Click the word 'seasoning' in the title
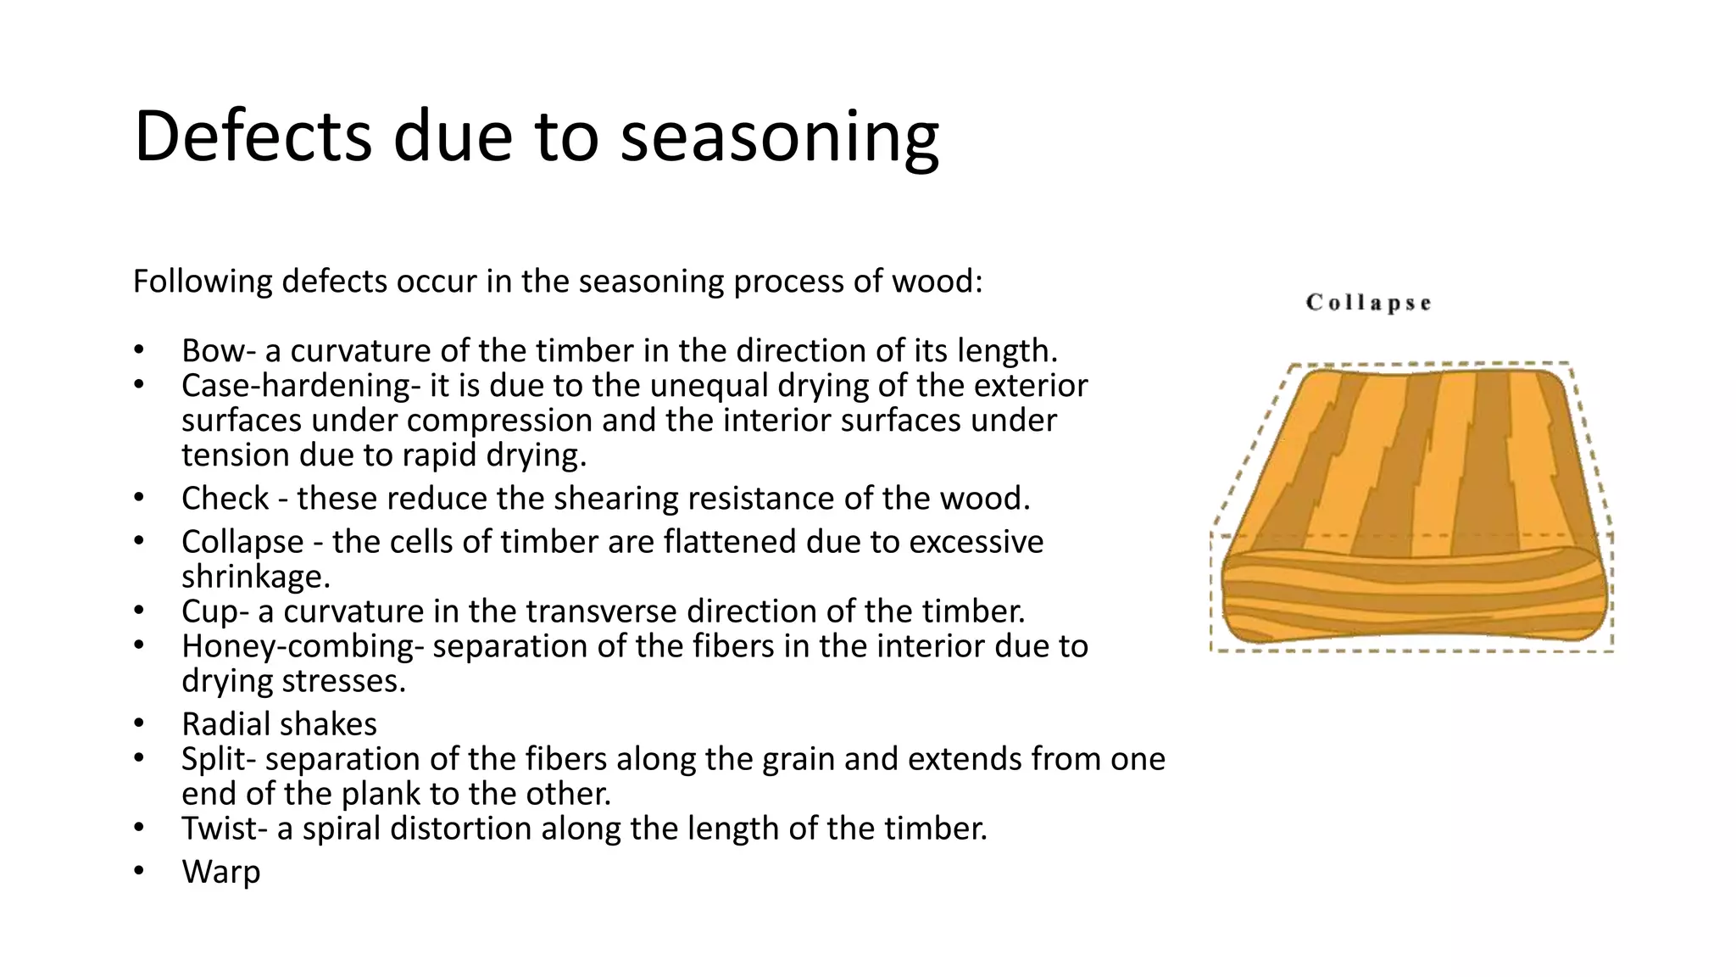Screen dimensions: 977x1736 pos(779,137)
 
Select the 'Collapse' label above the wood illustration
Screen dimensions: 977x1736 pos(1368,303)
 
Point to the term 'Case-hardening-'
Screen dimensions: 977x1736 pos(300,386)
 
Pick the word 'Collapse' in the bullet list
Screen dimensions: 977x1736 pos(242,541)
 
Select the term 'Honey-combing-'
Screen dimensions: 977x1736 pos(302,646)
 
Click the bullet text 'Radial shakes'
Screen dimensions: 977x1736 pos(279,723)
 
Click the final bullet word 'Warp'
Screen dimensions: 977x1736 pos(220,871)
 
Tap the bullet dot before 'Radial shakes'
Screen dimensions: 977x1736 pos(138,723)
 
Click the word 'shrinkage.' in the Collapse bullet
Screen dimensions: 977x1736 pos(255,577)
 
